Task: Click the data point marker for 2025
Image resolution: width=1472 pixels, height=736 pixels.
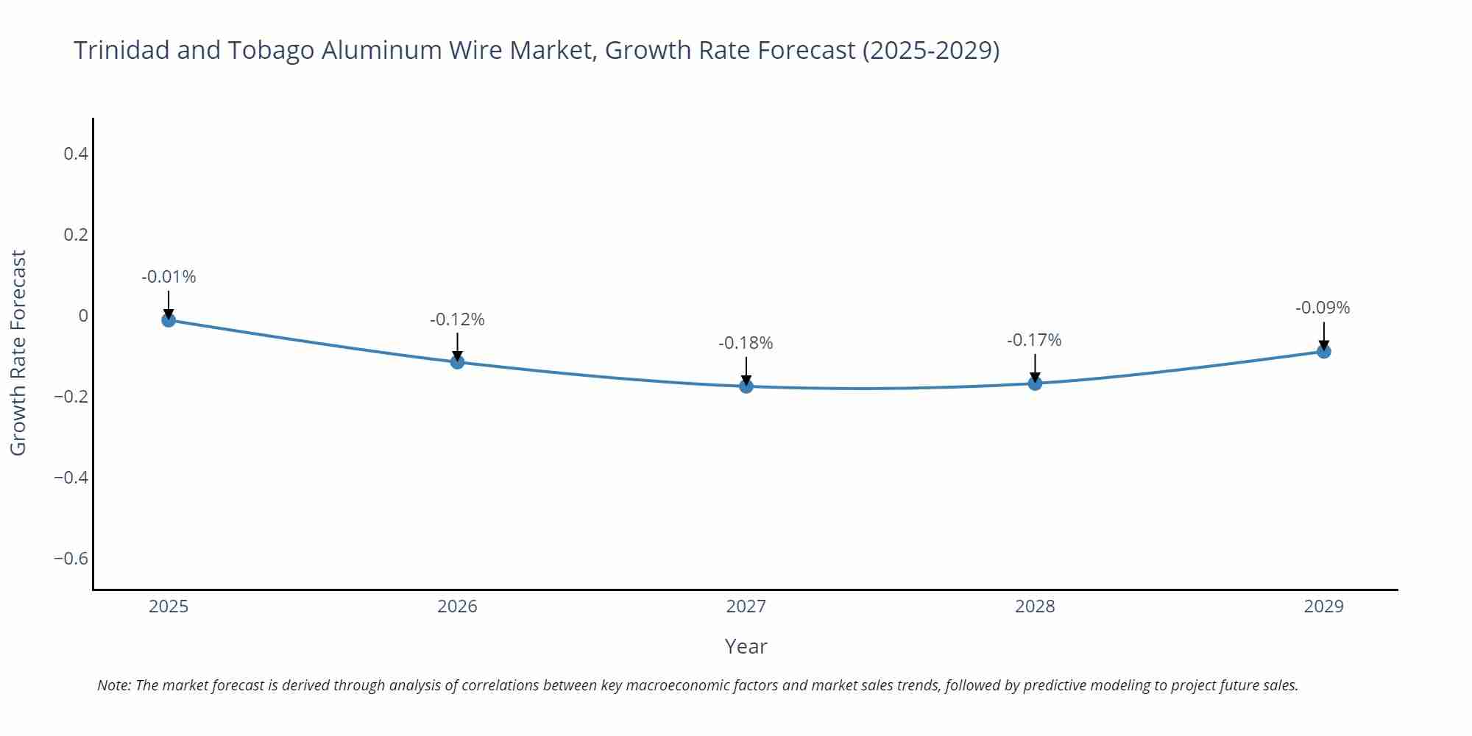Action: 169,319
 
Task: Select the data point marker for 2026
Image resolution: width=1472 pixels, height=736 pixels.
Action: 457,361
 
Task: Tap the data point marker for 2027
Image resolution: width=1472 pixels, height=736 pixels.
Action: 746,386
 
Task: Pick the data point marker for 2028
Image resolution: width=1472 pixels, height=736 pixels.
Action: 1035,383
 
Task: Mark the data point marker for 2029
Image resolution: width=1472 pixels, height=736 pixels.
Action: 1323,351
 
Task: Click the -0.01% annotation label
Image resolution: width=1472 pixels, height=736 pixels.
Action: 169,277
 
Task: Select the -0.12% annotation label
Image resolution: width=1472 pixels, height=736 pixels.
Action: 457,319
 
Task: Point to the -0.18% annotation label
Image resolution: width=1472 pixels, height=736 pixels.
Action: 746,343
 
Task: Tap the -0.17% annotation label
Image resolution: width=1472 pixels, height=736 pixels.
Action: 1034,340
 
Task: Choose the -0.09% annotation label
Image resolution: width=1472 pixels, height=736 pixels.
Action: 1323,308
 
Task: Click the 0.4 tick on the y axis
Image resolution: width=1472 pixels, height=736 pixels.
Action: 76,154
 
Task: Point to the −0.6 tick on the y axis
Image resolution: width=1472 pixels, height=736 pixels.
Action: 71,558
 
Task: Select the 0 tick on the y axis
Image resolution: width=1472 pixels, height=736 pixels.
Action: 83,316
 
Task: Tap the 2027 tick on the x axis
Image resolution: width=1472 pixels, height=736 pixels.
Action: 746,606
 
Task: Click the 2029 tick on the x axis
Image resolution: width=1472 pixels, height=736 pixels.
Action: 1323,606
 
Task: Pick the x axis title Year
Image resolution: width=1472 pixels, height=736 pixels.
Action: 746,646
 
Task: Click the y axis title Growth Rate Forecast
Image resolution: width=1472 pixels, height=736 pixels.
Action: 18,353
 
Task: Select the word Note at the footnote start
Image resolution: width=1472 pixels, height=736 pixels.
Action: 113,685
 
